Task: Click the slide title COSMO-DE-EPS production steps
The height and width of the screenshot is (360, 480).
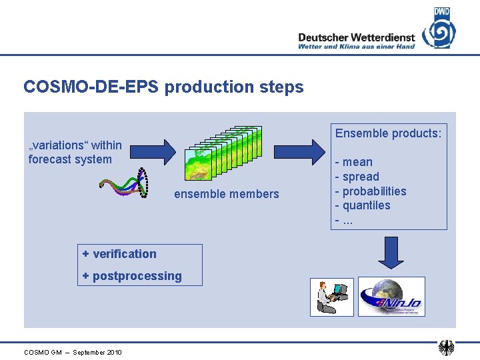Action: tap(163, 87)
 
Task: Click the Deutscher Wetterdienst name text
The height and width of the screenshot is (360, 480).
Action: tap(356, 37)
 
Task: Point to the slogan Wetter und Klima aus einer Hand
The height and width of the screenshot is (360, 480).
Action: tap(356, 47)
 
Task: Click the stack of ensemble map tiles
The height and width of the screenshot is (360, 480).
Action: tap(224, 153)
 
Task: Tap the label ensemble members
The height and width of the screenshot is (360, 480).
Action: tap(227, 194)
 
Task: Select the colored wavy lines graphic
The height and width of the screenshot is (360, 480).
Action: tap(124, 183)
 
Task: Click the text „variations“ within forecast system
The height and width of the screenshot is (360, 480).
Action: tap(75, 152)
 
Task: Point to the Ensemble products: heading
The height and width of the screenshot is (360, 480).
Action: tap(388, 133)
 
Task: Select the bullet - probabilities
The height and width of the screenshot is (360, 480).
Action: tap(371, 191)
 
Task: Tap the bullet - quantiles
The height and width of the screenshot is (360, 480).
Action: tap(363, 205)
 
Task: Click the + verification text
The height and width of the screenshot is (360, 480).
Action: tap(119, 253)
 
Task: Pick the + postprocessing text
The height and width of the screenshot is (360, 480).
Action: tap(132, 276)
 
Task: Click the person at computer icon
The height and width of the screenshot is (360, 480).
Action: tap(331, 297)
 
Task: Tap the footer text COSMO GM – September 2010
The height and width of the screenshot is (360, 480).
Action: tap(73, 352)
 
